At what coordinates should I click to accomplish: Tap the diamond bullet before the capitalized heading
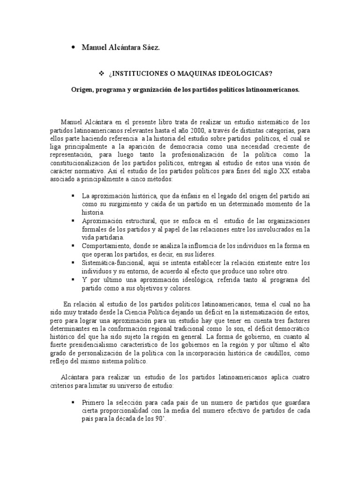pyautogui.click(x=101, y=74)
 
